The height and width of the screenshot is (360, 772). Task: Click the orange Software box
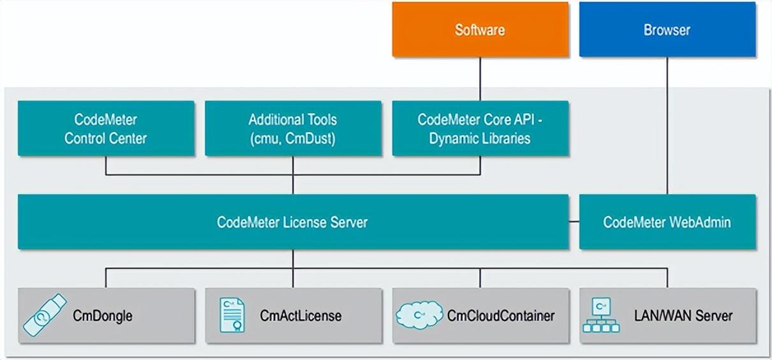pyautogui.click(x=480, y=30)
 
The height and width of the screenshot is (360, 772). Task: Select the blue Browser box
pyautogui.click(x=667, y=30)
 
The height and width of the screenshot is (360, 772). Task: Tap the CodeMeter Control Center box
pyautogui.click(x=106, y=128)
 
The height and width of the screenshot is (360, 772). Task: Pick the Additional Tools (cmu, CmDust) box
pyautogui.click(x=293, y=128)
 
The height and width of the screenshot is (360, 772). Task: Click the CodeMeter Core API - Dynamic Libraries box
pyautogui.click(x=480, y=128)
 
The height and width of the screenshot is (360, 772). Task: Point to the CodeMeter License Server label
pyautogui.click(x=292, y=222)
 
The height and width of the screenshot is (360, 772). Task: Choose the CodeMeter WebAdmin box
pyautogui.click(x=667, y=222)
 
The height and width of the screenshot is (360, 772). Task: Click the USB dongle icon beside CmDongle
pyautogui.click(x=45, y=315)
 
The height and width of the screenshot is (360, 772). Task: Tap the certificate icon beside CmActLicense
pyautogui.click(x=232, y=315)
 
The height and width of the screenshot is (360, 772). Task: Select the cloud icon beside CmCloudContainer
pyautogui.click(x=419, y=315)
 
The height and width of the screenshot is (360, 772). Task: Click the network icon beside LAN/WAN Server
pyautogui.click(x=600, y=315)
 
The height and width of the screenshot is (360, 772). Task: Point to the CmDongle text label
pyautogui.click(x=103, y=315)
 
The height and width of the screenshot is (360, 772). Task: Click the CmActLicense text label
pyautogui.click(x=301, y=315)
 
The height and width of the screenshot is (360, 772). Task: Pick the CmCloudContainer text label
pyautogui.click(x=501, y=315)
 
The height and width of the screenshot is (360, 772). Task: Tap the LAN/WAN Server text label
pyautogui.click(x=683, y=315)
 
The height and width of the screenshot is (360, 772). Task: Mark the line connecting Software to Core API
pyautogui.click(x=480, y=79)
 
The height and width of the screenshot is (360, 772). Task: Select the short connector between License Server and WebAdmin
pyautogui.click(x=574, y=222)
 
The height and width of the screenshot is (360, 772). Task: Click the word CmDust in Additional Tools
pyautogui.click(x=313, y=138)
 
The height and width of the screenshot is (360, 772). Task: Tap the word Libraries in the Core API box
pyautogui.click(x=505, y=138)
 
